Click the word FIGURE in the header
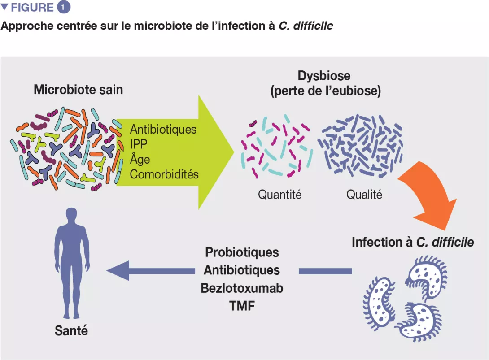32,8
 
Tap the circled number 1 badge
64,8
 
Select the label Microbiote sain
78,90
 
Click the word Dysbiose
324,75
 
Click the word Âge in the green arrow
140,159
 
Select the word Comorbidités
164,174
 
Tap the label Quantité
279,195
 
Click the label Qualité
364,195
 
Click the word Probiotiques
242,252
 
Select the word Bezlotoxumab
242,288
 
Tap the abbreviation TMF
242,306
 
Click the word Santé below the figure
71,331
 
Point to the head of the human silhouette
72,215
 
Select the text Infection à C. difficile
413,242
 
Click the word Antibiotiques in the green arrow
163,129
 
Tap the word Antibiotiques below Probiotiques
242,270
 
